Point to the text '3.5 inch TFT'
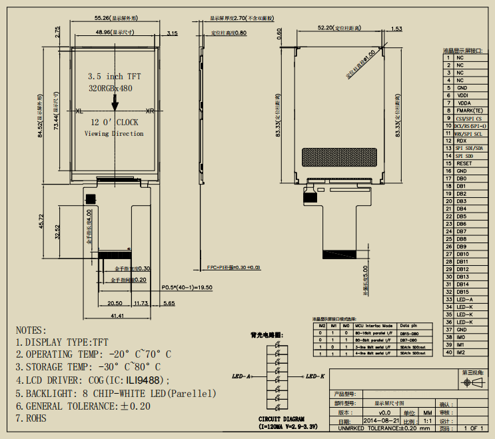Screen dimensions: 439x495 pyautogui.click(x=115, y=77)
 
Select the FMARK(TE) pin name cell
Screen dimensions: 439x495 pyautogui.click(x=469, y=110)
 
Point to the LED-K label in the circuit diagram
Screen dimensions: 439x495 pyautogui.click(x=314, y=376)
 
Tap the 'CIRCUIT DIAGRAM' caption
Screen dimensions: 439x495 pyautogui.click(x=278, y=420)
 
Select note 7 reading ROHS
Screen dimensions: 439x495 pyautogui.click(x=35, y=418)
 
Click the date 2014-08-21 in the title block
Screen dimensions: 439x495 pyautogui.click(x=380, y=422)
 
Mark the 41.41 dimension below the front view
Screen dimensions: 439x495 pyautogui.click(x=119, y=315)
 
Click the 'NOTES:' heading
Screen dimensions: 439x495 pyautogui.click(x=31, y=330)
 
